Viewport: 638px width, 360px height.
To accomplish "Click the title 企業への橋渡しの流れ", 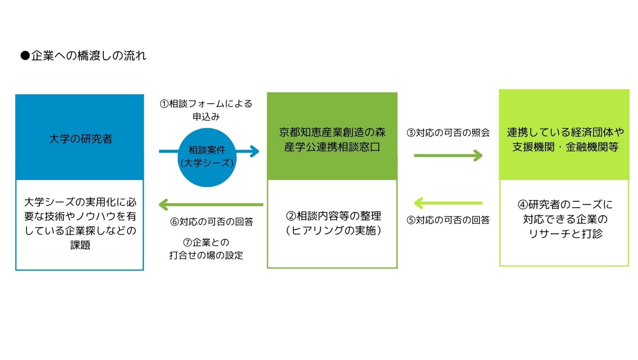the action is coord(88,56).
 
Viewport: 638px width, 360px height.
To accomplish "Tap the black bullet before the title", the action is coord(25,56).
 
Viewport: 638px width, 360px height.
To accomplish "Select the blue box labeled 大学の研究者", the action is coord(80,137).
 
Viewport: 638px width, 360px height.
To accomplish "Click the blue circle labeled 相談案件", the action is coord(207,157).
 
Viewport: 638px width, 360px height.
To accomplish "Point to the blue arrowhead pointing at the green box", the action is coord(254,151).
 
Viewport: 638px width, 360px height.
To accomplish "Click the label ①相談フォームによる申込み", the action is coord(206,110).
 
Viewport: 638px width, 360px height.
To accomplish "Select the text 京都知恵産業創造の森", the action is coord(332,132).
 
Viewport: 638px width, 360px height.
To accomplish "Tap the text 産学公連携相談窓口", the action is coord(332,147).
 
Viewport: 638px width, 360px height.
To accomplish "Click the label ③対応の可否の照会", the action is coord(448,133).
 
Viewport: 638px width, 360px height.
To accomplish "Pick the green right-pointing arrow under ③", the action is coord(448,155).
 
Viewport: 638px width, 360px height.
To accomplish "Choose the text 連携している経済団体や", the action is coord(565,132).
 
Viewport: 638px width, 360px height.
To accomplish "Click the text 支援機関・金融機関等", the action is coord(565,147).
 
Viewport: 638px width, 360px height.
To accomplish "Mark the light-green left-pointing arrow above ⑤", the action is coord(448,203).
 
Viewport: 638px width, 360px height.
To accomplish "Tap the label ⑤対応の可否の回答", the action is coord(448,220).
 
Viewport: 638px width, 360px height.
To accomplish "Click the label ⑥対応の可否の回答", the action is coord(211,222).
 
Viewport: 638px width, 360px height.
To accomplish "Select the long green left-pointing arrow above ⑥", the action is coord(211,205).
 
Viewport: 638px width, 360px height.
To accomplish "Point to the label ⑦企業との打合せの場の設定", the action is coord(206,249).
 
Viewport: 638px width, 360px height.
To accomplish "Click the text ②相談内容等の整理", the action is coord(333,216).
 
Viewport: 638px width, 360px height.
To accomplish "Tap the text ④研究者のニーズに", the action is coord(565,205).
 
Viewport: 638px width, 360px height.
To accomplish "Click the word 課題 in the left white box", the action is coord(80,245).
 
